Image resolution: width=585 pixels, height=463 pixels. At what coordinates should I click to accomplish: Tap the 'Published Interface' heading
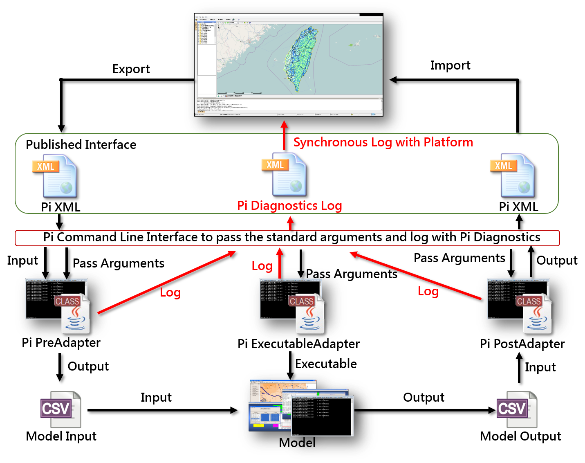coord(81,144)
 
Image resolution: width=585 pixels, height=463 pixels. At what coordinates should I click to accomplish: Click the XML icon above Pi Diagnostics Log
coord(285,175)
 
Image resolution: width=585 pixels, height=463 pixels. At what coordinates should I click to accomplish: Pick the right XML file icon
coord(513,176)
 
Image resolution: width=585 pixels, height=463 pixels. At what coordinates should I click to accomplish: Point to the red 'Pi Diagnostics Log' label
coord(289,205)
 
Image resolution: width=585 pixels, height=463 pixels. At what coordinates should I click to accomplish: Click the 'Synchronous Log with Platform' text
coord(383,142)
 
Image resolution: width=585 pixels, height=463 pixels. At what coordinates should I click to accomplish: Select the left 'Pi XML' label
coord(61,207)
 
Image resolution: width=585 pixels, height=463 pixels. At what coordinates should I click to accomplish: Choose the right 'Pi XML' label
coord(518,207)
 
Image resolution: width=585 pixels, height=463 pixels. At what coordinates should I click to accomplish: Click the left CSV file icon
coord(61,410)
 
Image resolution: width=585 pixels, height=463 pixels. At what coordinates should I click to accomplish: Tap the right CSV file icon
coord(516,409)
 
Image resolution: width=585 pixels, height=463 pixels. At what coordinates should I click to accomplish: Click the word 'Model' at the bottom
coord(297,443)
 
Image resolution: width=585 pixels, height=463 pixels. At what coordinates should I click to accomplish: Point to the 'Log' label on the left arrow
coord(170,292)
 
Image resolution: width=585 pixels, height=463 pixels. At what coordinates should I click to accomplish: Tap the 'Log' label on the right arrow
coord(428,291)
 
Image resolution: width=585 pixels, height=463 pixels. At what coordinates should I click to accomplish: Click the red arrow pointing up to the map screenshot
coord(285,135)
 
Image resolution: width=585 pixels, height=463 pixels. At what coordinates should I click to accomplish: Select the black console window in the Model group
coord(322,415)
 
